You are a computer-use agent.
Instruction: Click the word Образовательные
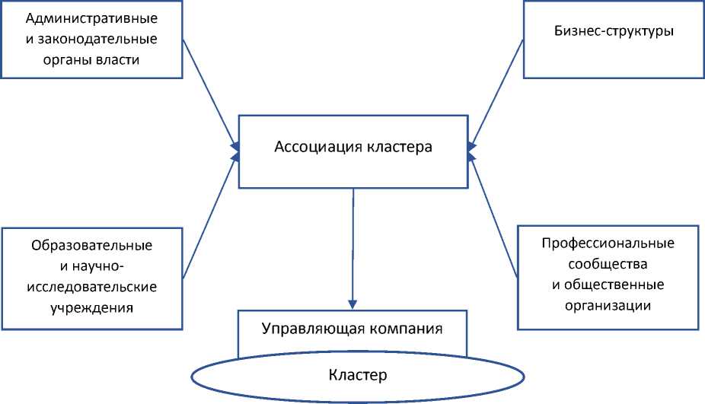[92, 246]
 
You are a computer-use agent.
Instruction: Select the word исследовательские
[92, 287]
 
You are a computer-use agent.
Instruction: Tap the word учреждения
[92, 307]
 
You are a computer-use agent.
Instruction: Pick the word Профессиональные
[608, 244]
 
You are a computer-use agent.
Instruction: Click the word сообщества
[608, 265]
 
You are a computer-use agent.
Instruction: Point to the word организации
[608, 306]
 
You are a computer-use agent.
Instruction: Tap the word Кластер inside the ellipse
[358, 374]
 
